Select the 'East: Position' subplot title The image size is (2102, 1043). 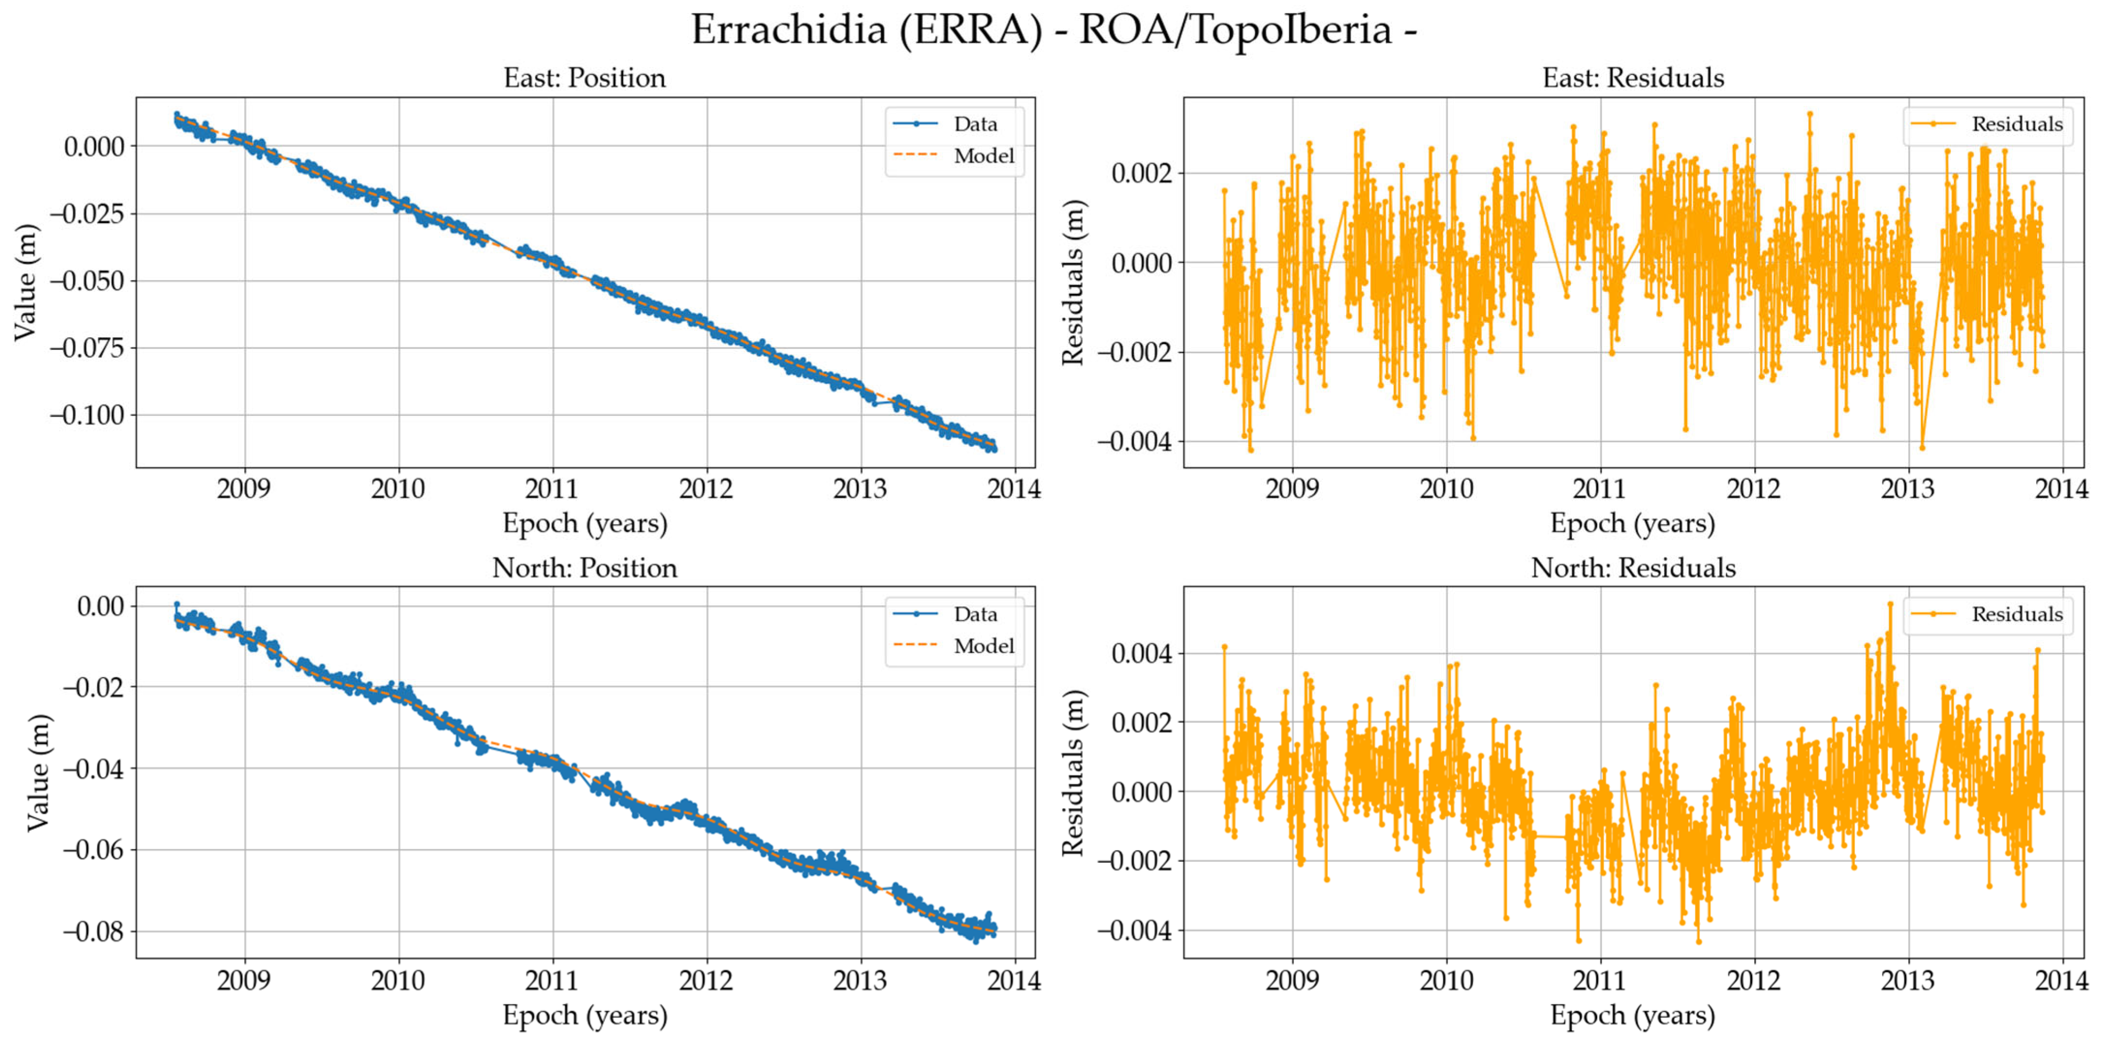pos(584,79)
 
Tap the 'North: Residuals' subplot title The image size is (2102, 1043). pos(1632,568)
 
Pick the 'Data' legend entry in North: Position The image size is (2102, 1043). pos(975,615)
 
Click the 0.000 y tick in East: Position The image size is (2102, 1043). pos(94,147)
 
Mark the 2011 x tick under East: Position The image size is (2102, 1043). pos(552,489)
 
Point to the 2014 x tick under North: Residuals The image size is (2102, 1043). pos(2061,980)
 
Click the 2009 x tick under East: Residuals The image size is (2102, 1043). pos(1292,489)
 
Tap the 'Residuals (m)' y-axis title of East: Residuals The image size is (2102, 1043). pos(1072,283)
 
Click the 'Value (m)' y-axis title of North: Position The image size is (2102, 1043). pos(37,772)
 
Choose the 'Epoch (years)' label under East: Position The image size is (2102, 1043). pos(584,523)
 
